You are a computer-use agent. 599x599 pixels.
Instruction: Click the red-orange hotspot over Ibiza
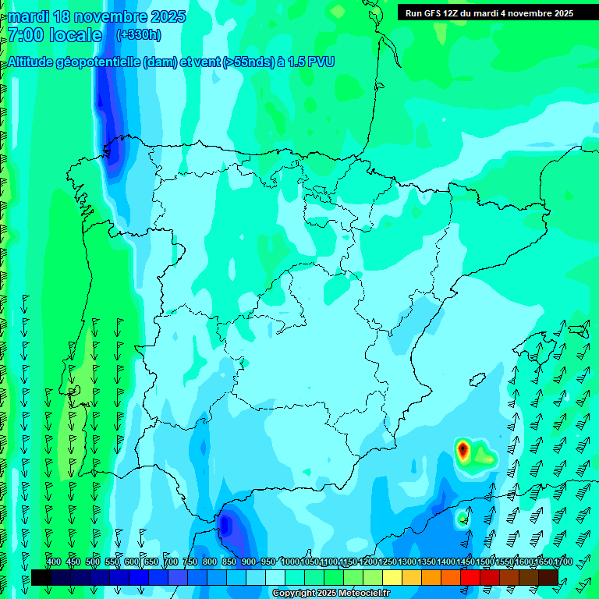click(463, 449)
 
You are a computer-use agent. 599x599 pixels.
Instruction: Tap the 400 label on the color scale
click(54, 562)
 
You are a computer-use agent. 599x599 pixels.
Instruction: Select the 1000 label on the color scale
click(290, 562)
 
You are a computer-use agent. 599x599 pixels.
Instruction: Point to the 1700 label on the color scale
click(543, 562)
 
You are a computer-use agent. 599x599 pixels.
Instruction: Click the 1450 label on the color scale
click(466, 562)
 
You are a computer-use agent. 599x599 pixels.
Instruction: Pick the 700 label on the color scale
click(171, 562)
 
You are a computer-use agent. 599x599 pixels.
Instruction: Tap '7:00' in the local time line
click(24, 35)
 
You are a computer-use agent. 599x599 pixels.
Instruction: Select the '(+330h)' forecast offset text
click(139, 35)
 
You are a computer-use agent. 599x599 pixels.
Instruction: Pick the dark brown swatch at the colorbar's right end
click(548, 577)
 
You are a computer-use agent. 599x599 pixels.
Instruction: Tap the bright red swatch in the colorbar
click(470, 577)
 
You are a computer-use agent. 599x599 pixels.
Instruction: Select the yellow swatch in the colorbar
click(392, 577)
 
